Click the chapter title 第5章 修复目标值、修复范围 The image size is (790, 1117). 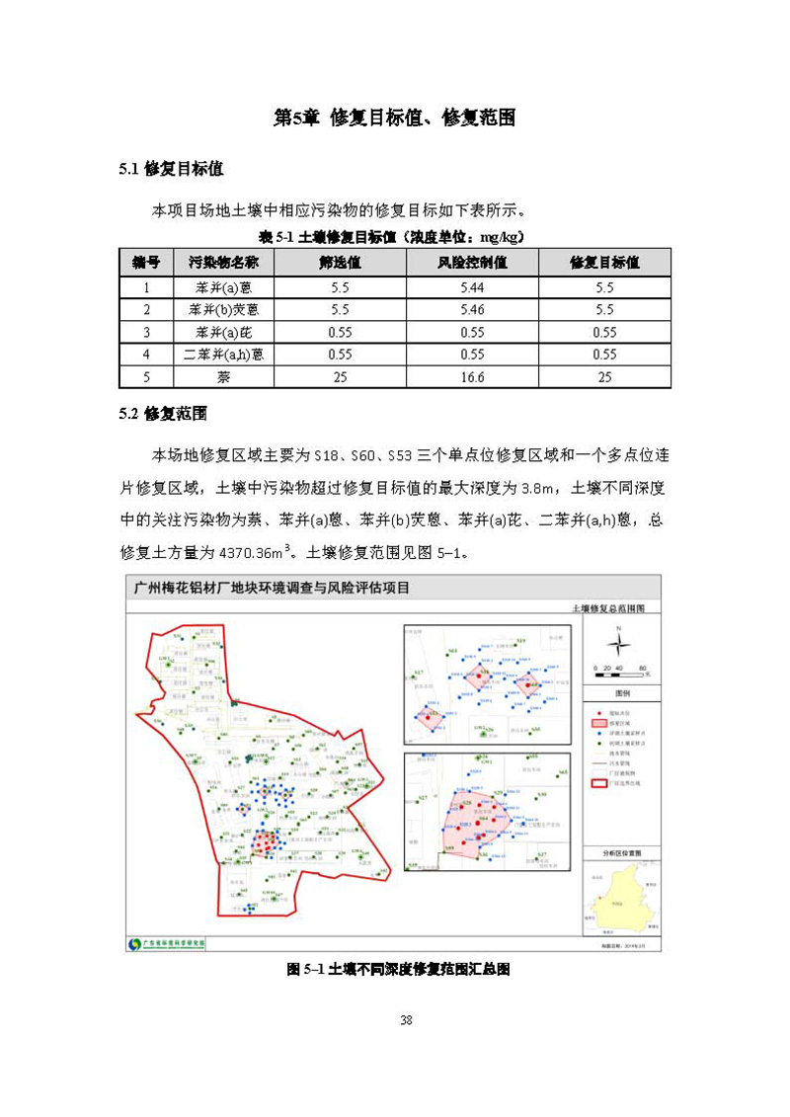395,118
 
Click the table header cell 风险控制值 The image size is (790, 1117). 472,263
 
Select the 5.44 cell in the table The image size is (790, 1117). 472,287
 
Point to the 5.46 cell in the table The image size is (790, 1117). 472,310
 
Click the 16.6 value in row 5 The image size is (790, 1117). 472,376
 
